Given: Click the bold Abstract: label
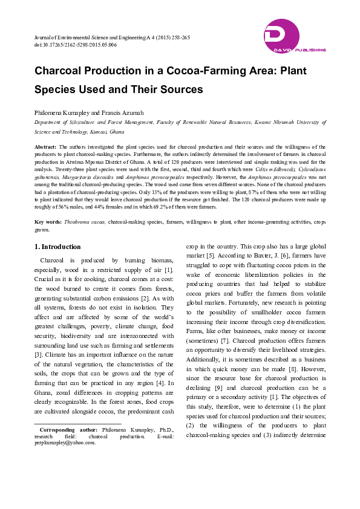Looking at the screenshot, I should coord(45,147).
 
